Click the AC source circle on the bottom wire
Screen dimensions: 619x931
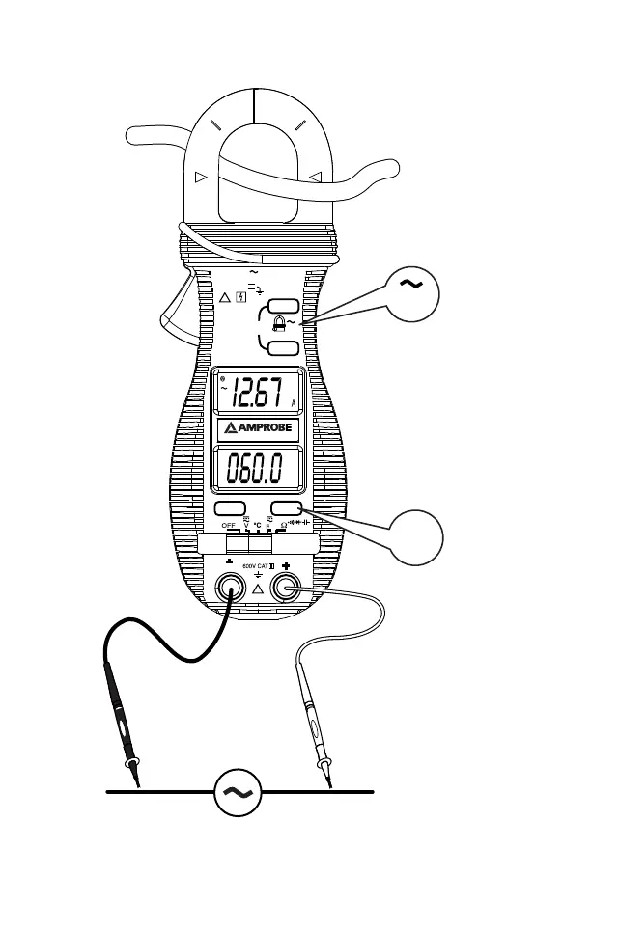pyautogui.click(x=235, y=791)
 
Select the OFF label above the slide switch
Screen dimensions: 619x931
pyautogui.click(x=229, y=525)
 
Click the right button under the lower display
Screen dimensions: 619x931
pyautogui.click(x=287, y=507)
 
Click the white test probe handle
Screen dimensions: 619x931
pyautogui.click(x=313, y=719)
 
